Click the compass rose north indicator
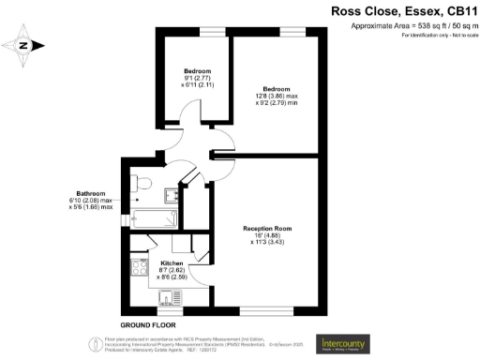[24, 44]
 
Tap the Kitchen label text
[172, 263]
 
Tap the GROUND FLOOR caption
[147, 322]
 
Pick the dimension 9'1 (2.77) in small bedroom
[196, 78]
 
